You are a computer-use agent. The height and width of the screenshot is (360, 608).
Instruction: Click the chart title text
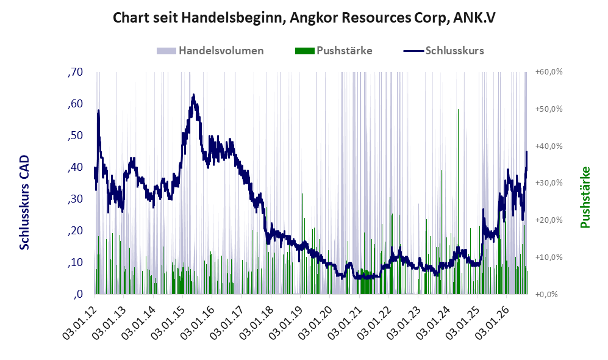coord(304,18)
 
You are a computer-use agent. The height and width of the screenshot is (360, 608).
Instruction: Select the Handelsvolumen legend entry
coord(210,51)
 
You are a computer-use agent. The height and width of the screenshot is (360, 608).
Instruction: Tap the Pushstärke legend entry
coord(334,51)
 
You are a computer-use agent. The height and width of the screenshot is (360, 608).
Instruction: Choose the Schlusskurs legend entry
coord(443,51)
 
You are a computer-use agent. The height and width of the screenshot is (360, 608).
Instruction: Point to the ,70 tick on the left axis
coord(75,72)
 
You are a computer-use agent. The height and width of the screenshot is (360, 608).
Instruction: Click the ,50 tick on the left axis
coord(75,136)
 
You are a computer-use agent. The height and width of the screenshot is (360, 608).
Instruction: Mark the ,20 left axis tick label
coord(75,231)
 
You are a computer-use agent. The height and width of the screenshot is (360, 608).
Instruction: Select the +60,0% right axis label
coord(549,72)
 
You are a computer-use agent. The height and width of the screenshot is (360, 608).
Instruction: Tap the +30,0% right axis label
coord(549,183)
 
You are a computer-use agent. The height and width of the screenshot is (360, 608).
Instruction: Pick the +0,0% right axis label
coord(547,295)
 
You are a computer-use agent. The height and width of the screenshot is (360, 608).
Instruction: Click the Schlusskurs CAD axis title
coord(24,202)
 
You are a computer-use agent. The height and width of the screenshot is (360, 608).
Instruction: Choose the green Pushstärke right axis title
coord(585,197)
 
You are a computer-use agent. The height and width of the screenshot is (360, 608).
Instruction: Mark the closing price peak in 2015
coord(193,95)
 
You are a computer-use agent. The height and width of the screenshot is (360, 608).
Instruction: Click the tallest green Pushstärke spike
coord(459,110)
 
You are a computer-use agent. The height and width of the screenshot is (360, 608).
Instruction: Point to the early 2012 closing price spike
coord(99,111)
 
